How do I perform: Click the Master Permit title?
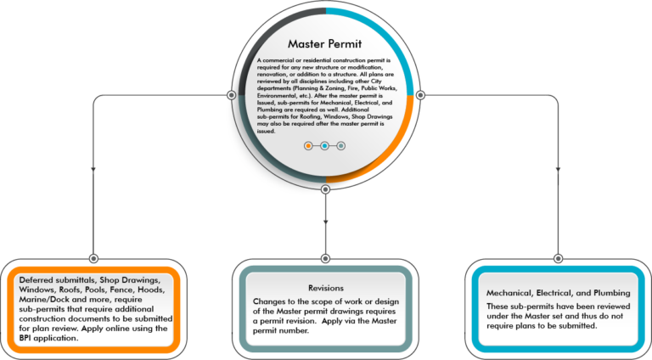[325, 43]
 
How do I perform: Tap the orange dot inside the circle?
[308, 146]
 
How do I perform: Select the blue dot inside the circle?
[324, 146]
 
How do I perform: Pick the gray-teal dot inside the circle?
[341, 146]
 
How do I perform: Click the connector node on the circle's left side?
[232, 95]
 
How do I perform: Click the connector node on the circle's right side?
[420, 95]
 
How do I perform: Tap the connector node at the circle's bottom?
[326, 189]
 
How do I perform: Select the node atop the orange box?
[93, 259]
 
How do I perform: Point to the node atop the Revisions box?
[326, 259]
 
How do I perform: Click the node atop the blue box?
[558, 259]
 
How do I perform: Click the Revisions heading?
[326, 288]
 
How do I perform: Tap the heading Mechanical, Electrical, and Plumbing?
[559, 293]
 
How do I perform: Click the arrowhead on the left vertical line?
[93, 169]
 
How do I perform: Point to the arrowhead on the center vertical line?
[326, 222]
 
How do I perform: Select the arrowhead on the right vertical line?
[558, 169]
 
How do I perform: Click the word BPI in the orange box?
[25, 338]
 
